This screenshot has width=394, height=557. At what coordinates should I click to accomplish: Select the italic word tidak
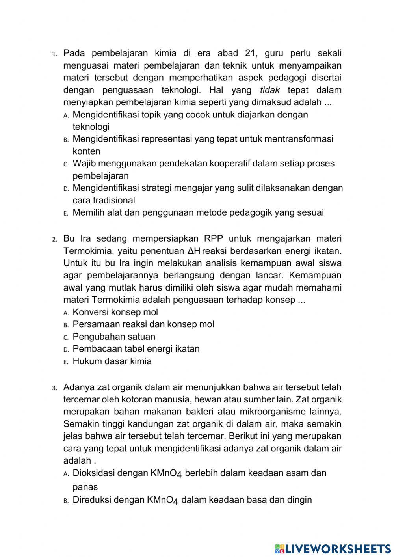pyautogui.click(x=270, y=90)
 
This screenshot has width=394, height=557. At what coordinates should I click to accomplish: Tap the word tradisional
pyautogui.click(x=114, y=200)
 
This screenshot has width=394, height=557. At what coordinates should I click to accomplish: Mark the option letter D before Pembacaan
pyautogui.click(x=66, y=350)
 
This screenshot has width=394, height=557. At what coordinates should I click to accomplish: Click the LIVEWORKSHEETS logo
pyautogui.click(x=333, y=548)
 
